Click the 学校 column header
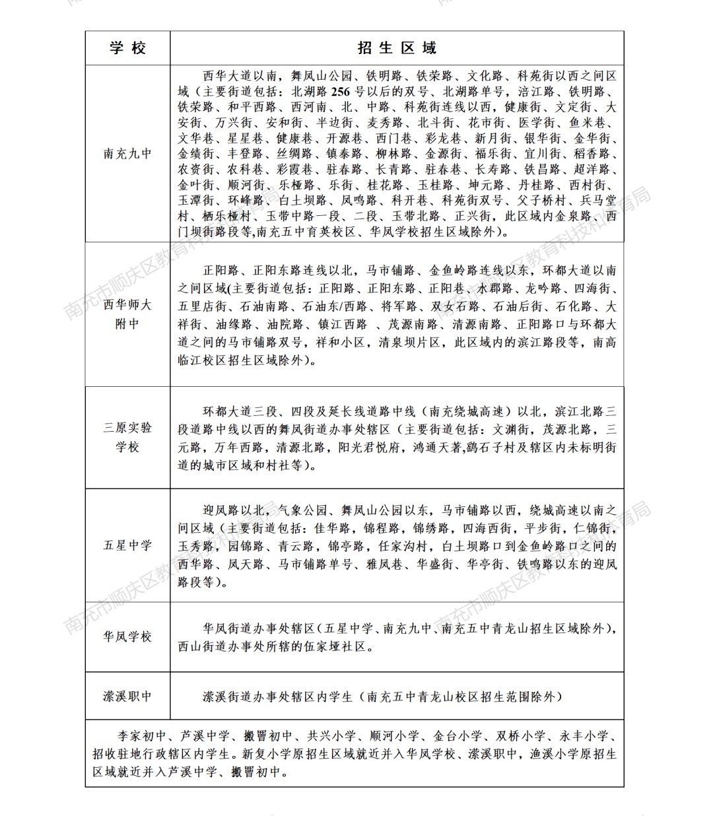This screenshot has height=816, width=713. pos(127,48)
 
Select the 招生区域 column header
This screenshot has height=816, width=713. pos(397,48)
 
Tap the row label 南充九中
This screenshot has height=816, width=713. pos(127,154)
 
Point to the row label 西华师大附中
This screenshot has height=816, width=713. pos(127,314)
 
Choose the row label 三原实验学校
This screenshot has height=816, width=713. pos(127,437)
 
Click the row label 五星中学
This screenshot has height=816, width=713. pos(127,545)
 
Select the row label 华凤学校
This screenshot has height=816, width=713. pos(127,637)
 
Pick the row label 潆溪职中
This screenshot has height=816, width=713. pos(127,697)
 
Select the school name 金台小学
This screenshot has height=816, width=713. pos(458,736)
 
